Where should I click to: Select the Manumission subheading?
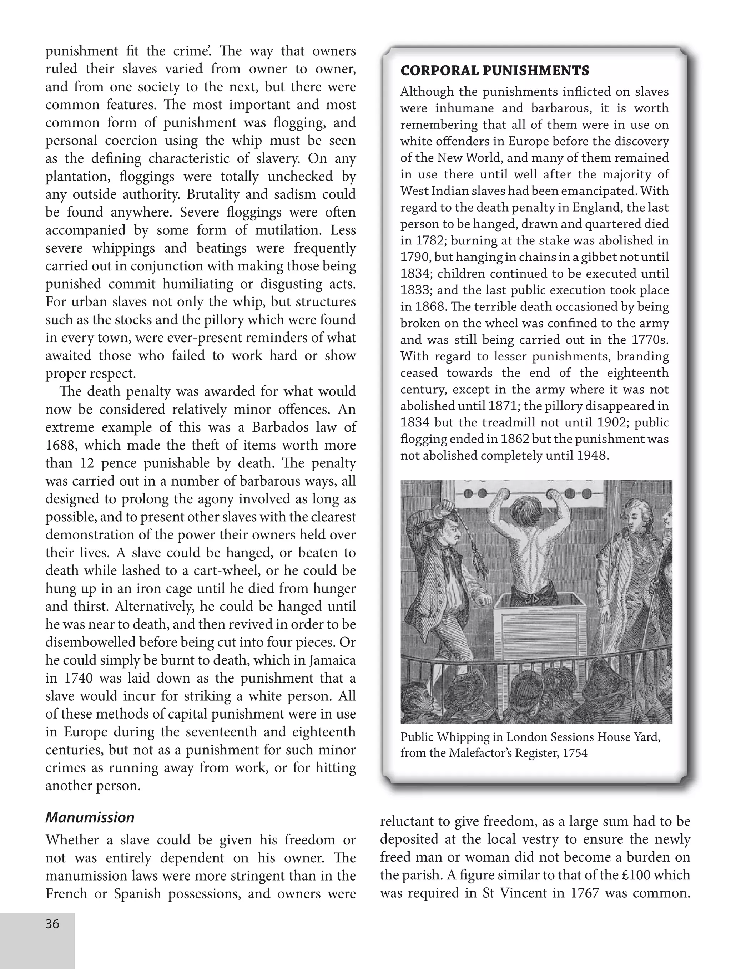pos(90,817)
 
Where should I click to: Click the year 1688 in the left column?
pos(61,445)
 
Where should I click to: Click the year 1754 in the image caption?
pos(575,753)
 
